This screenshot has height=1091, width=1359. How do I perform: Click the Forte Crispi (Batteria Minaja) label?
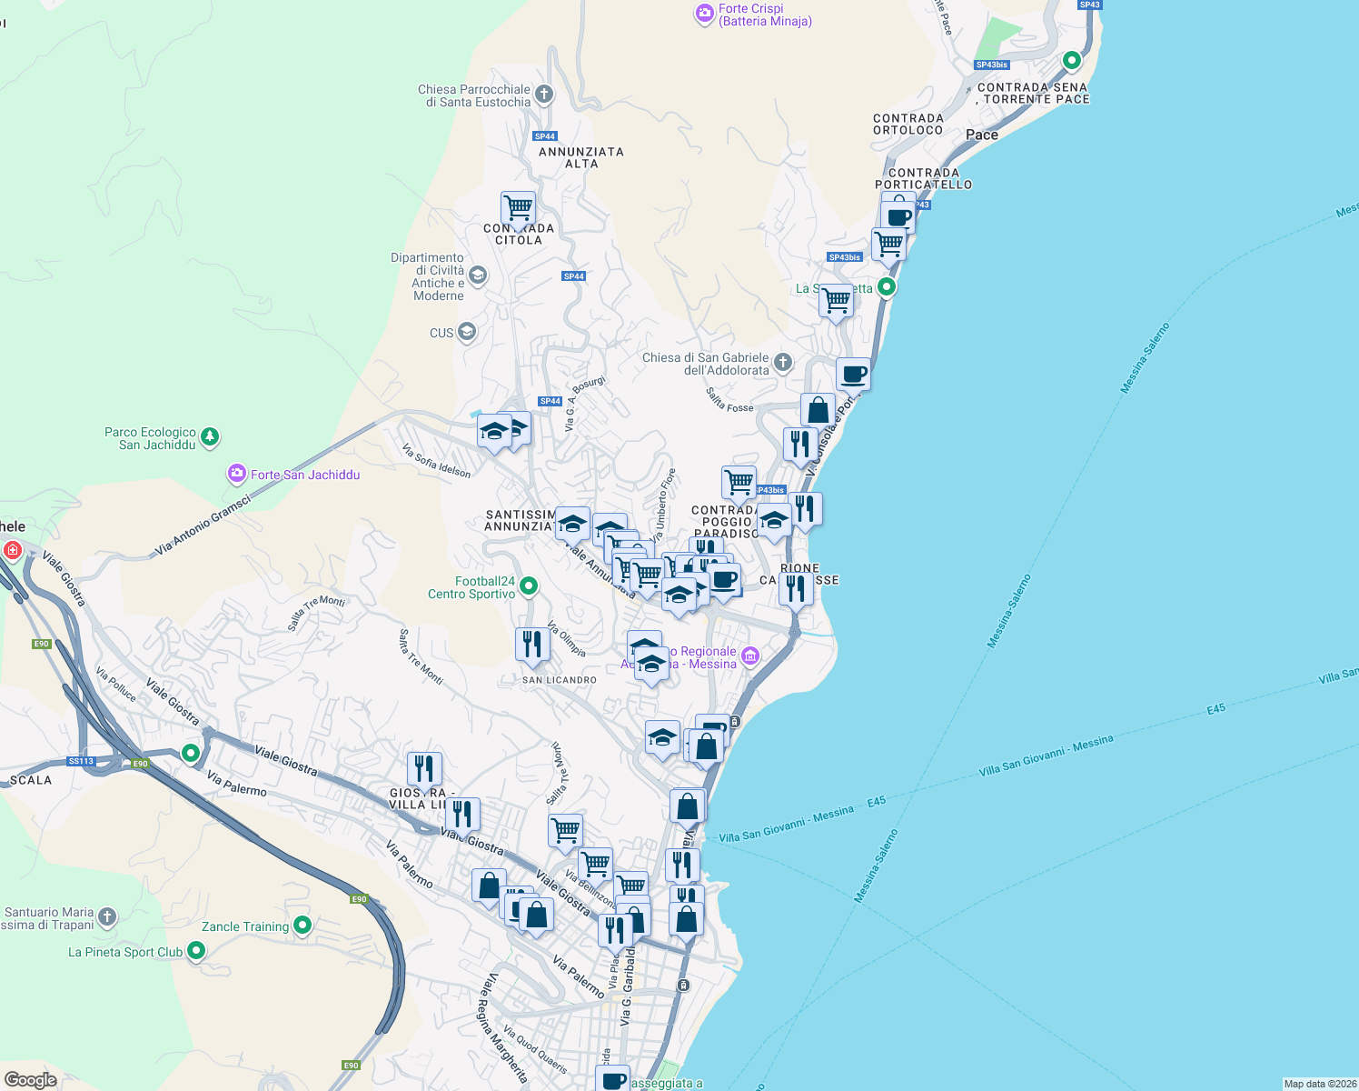point(764,15)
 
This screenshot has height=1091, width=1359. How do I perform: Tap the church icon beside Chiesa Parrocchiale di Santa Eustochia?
point(543,94)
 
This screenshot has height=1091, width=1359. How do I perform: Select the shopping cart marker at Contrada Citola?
point(518,208)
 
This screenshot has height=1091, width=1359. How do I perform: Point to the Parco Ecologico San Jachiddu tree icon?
point(210,437)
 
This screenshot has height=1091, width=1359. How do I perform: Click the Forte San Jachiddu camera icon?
point(237,474)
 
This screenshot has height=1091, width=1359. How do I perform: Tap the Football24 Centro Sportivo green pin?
point(528,586)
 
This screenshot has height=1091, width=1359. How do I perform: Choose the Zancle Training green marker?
point(303,926)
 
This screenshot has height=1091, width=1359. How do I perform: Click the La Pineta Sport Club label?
point(125,952)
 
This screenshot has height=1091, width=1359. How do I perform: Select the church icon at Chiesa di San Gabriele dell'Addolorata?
point(783,363)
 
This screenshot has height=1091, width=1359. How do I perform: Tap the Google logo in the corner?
point(30,1079)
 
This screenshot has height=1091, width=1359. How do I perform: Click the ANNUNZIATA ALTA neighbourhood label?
point(581,157)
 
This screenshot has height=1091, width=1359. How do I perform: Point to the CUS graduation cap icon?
point(466,332)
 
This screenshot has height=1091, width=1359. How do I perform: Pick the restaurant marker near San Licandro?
point(532,644)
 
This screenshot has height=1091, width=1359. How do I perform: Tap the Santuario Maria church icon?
point(107,916)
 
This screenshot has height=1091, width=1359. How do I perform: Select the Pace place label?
point(981,135)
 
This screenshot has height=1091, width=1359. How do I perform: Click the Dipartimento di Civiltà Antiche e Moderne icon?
point(478,275)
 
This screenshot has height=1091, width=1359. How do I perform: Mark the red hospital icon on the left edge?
point(13,550)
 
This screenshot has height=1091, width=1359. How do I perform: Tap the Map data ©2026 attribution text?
point(1319,1084)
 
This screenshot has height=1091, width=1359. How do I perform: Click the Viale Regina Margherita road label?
point(507,1027)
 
